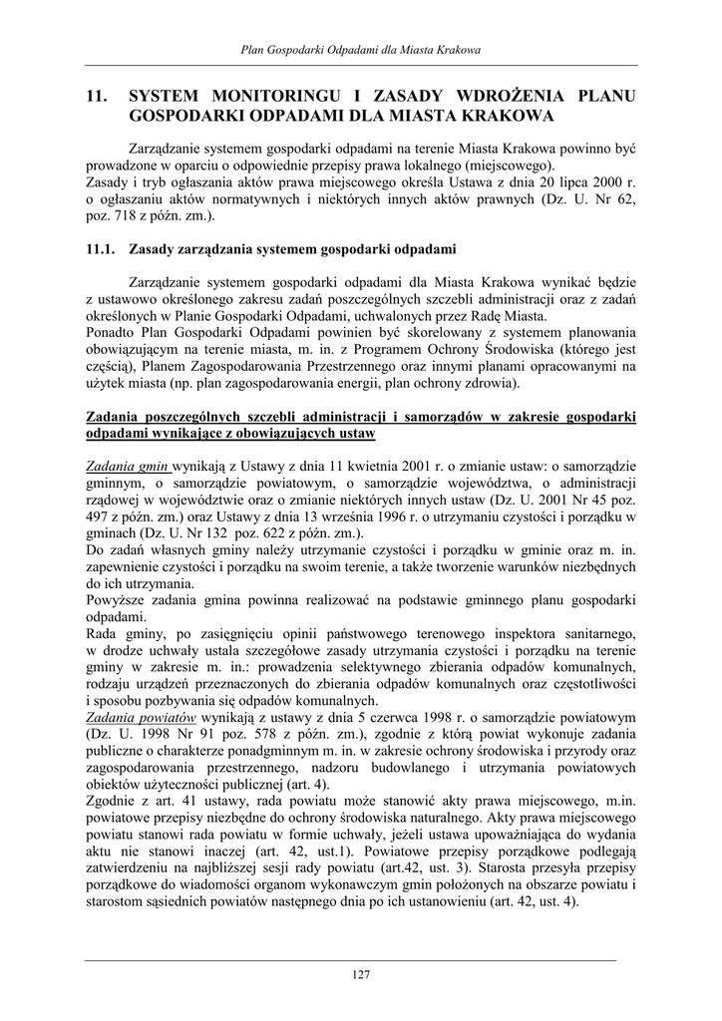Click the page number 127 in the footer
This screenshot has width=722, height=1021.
(361, 974)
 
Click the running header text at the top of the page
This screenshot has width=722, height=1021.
(361, 49)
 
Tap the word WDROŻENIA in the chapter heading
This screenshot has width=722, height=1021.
(509, 97)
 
